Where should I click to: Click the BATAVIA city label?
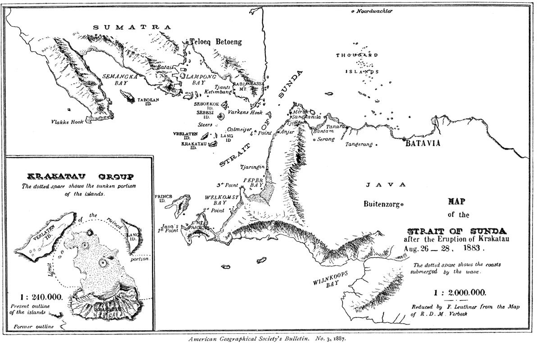[x=422, y=144]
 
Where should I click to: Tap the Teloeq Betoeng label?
[x=216, y=42]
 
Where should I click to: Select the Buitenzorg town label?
[x=382, y=204]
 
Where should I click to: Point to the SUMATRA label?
[x=132, y=27]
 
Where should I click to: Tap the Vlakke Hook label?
[x=67, y=121]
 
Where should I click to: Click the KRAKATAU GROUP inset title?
[x=81, y=176]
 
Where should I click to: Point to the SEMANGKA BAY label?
[x=120, y=79]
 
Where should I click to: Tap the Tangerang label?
[x=359, y=145]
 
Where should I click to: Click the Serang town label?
[x=326, y=140]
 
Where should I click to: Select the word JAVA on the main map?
[x=386, y=185]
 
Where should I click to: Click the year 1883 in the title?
[x=470, y=247]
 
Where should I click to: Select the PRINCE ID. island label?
[x=161, y=199]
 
